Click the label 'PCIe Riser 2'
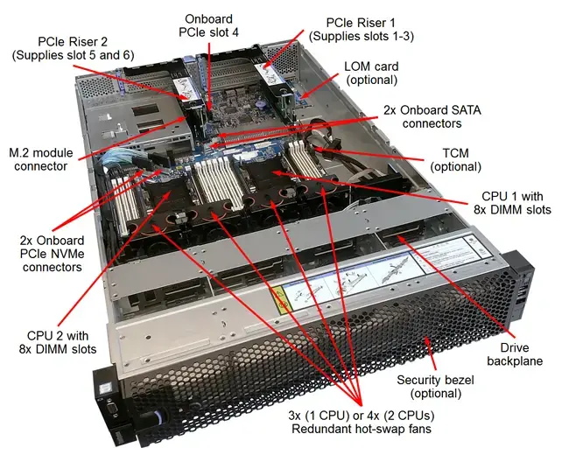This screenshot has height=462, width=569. click(74, 41)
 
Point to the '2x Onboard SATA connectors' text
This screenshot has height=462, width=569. click(432, 117)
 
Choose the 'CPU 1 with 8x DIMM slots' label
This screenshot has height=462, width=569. click(516, 204)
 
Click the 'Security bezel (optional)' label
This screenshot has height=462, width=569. click(433, 387)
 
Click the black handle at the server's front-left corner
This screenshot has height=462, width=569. click(109, 398)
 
